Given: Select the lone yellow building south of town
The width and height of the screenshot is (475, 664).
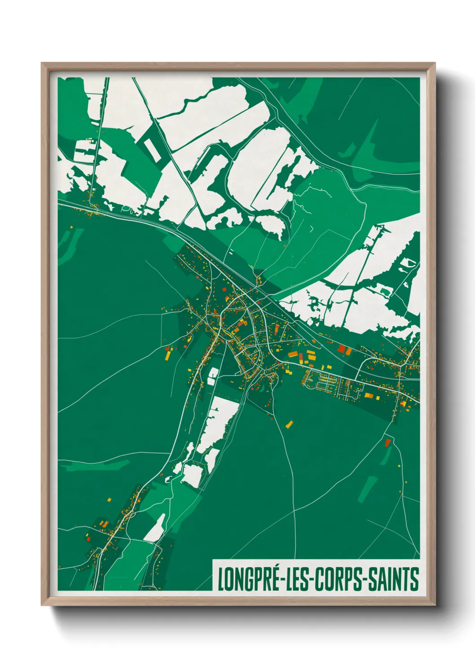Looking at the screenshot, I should click(x=290, y=424).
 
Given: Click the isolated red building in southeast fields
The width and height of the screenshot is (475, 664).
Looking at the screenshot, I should click(x=387, y=443).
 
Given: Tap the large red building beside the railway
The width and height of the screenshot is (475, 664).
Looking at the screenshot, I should click(x=342, y=349).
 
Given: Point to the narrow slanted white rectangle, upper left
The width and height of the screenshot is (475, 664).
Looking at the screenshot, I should click(x=151, y=149).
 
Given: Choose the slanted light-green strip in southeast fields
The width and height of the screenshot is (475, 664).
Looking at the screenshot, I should click(x=367, y=488).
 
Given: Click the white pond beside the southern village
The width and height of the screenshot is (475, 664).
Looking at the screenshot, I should click(x=154, y=529).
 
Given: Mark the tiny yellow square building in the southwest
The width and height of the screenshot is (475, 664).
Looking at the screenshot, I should click(x=109, y=499).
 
